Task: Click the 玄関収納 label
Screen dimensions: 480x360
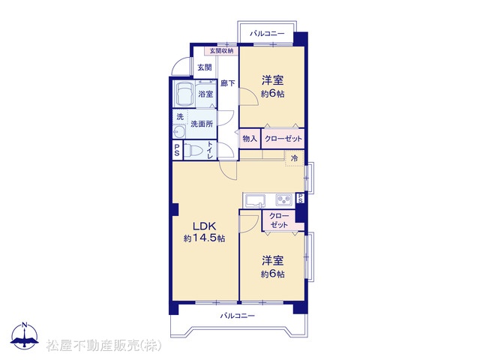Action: point(221,51)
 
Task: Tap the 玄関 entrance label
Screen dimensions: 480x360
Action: point(205,67)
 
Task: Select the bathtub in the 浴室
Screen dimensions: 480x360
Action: point(184,94)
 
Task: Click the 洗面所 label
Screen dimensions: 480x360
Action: point(202,124)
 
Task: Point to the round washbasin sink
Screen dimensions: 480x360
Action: point(179,132)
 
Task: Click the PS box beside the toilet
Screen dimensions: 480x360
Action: point(177,150)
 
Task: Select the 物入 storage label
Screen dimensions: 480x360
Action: point(250,139)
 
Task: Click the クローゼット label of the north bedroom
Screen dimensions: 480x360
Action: point(283,139)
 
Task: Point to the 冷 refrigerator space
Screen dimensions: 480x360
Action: point(295,158)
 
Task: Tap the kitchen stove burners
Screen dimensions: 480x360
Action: point(285,200)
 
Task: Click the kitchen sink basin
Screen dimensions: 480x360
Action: point(255,201)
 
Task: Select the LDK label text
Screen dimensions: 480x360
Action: point(204,226)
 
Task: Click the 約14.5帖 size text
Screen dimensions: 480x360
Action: point(204,238)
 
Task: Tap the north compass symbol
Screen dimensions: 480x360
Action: point(25,334)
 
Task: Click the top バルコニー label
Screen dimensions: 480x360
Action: point(267,33)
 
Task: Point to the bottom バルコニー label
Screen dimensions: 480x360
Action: point(238,316)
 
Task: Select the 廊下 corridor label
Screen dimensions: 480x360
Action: point(228,83)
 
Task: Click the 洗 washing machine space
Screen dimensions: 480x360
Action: point(180,117)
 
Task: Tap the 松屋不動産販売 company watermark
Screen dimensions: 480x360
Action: point(104,346)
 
